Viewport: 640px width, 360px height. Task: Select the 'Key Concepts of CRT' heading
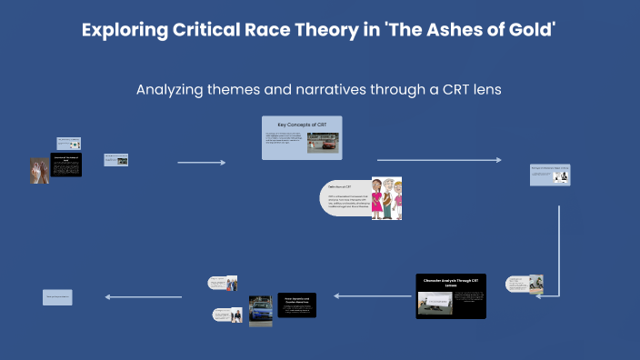(302, 124)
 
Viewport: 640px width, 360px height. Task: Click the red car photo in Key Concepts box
(325, 142)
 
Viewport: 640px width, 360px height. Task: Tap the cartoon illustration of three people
(385, 198)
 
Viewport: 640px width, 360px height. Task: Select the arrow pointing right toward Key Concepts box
(201, 163)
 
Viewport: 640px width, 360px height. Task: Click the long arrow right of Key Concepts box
(438, 160)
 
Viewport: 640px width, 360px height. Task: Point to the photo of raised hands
(41, 170)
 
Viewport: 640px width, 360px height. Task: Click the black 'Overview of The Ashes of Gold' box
(66, 165)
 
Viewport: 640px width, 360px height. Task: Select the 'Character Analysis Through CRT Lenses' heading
(451, 283)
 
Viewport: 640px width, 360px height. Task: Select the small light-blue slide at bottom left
(57, 297)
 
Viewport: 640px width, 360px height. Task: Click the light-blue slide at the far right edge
(549, 175)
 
